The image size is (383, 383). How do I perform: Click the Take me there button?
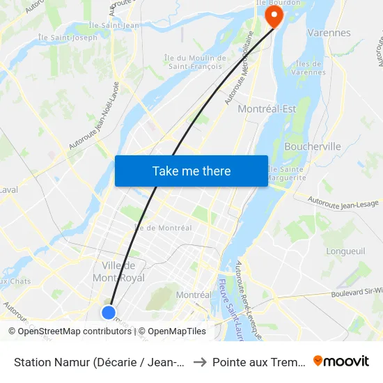pyautogui.click(x=191, y=171)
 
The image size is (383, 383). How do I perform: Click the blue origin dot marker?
pyautogui.click(x=108, y=312)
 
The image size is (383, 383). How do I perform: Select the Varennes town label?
pyautogui.click(x=329, y=33)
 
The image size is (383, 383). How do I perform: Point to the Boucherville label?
pyautogui.click(x=313, y=146)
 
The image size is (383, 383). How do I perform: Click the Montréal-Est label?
pyautogui.click(x=267, y=109)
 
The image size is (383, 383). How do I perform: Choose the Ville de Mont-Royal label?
pyautogui.click(x=123, y=272)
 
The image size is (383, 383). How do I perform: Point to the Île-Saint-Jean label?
pyautogui.click(x=114, y=26)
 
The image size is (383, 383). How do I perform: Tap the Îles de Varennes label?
pyautogui.click(x=308, y=68)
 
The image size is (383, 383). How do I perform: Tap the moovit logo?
pyautogui.click(x=341, y=361)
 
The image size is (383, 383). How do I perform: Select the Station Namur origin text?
pyautogui.click(x=97, y=361)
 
